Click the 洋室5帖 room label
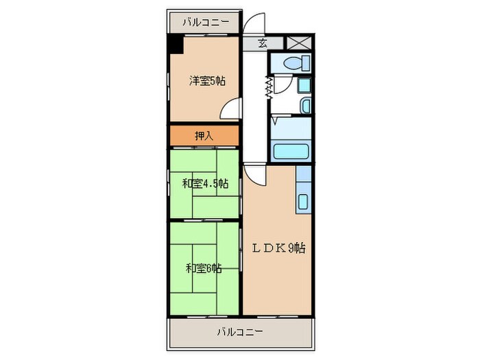click(207, 81)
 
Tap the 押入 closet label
click(204, 135)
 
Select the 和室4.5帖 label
click(205, 184)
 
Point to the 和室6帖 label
click(203, 267)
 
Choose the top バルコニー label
click(206, 22)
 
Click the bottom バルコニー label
click(240, 332)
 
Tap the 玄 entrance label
click(262, 43)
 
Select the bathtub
click(292, 151)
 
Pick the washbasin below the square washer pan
click(305, 106)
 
